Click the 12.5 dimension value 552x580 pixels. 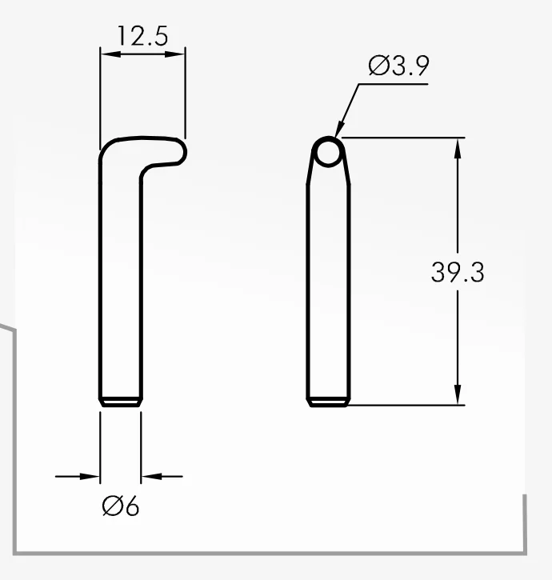(x=143, y=36)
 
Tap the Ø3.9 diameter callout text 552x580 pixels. (x=399, y=66)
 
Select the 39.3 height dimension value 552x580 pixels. (x=458, y=272)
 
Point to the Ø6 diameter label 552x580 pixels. (x=121, y=506)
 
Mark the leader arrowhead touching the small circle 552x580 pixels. (x=340, y=130)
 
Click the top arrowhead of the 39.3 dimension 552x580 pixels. (x=458, y=149)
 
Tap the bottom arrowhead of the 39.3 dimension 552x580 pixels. (x=458, y=394)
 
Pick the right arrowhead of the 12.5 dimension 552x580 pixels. (x=174, y=54)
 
